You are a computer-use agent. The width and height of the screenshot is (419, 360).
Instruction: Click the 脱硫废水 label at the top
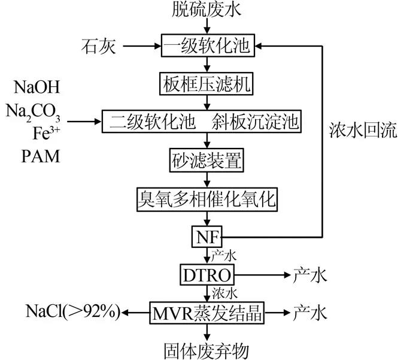coord(207,10)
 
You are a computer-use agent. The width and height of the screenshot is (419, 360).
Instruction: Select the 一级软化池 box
coord(207,44)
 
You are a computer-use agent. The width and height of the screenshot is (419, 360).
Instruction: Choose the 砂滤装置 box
coord(207,161)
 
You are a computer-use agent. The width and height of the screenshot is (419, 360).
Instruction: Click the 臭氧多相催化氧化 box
coord(207,199)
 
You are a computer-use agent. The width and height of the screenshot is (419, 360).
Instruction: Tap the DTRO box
coord(207,275)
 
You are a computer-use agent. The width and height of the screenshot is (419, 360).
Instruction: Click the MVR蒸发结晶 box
coord(207,312)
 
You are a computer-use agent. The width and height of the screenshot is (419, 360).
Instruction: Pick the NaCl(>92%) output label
coord(73,311)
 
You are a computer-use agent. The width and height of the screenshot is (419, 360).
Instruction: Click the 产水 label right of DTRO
coord(310,275)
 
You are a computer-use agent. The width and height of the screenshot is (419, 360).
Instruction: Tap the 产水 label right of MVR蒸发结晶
coord(310,312)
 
